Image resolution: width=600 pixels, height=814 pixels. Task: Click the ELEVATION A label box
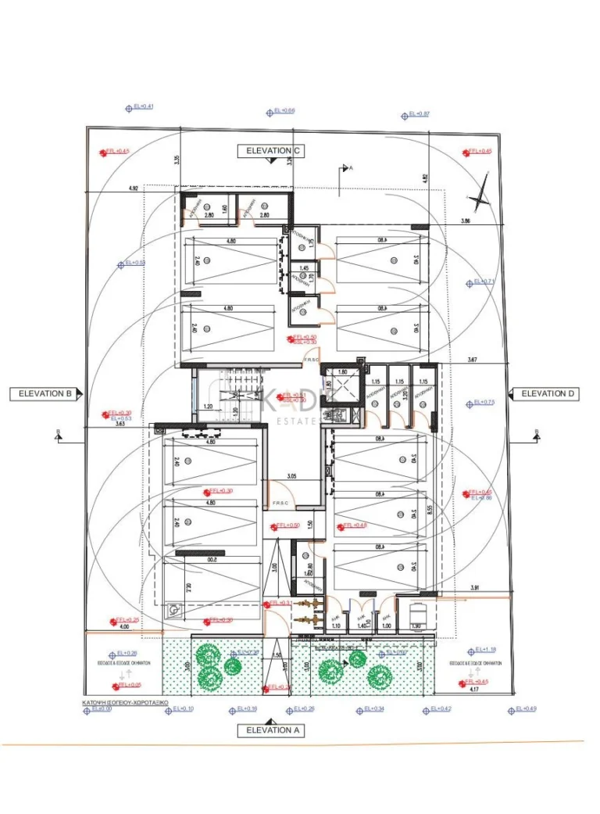point(273,730)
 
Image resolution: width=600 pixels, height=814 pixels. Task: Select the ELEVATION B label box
point(45,394)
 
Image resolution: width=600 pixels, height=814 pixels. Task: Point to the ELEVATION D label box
point(548,393)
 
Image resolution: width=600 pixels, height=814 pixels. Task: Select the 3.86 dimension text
point(466,221)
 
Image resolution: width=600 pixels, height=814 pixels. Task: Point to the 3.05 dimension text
point(292,476)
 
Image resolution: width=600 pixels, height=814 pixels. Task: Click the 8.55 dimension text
point(429,509)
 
